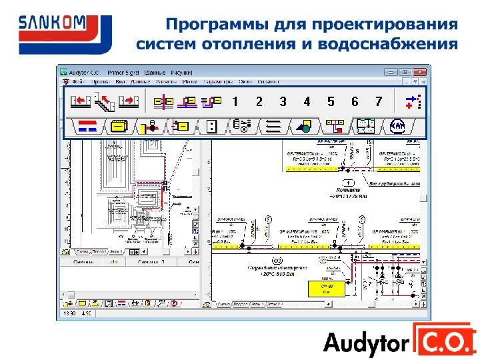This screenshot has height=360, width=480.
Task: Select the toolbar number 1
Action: point(235,101)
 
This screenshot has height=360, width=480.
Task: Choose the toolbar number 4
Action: point(307,101)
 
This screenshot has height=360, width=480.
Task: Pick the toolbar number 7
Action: point(379,101)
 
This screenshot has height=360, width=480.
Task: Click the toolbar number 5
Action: point(331,101)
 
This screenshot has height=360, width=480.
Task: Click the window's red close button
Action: point(419,72)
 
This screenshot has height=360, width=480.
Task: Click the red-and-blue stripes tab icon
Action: point(87,125)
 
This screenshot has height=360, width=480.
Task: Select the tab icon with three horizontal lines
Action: point(272,125)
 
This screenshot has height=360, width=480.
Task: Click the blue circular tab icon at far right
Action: point(399,125)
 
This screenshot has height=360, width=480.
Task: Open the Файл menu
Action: point(79,81)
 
